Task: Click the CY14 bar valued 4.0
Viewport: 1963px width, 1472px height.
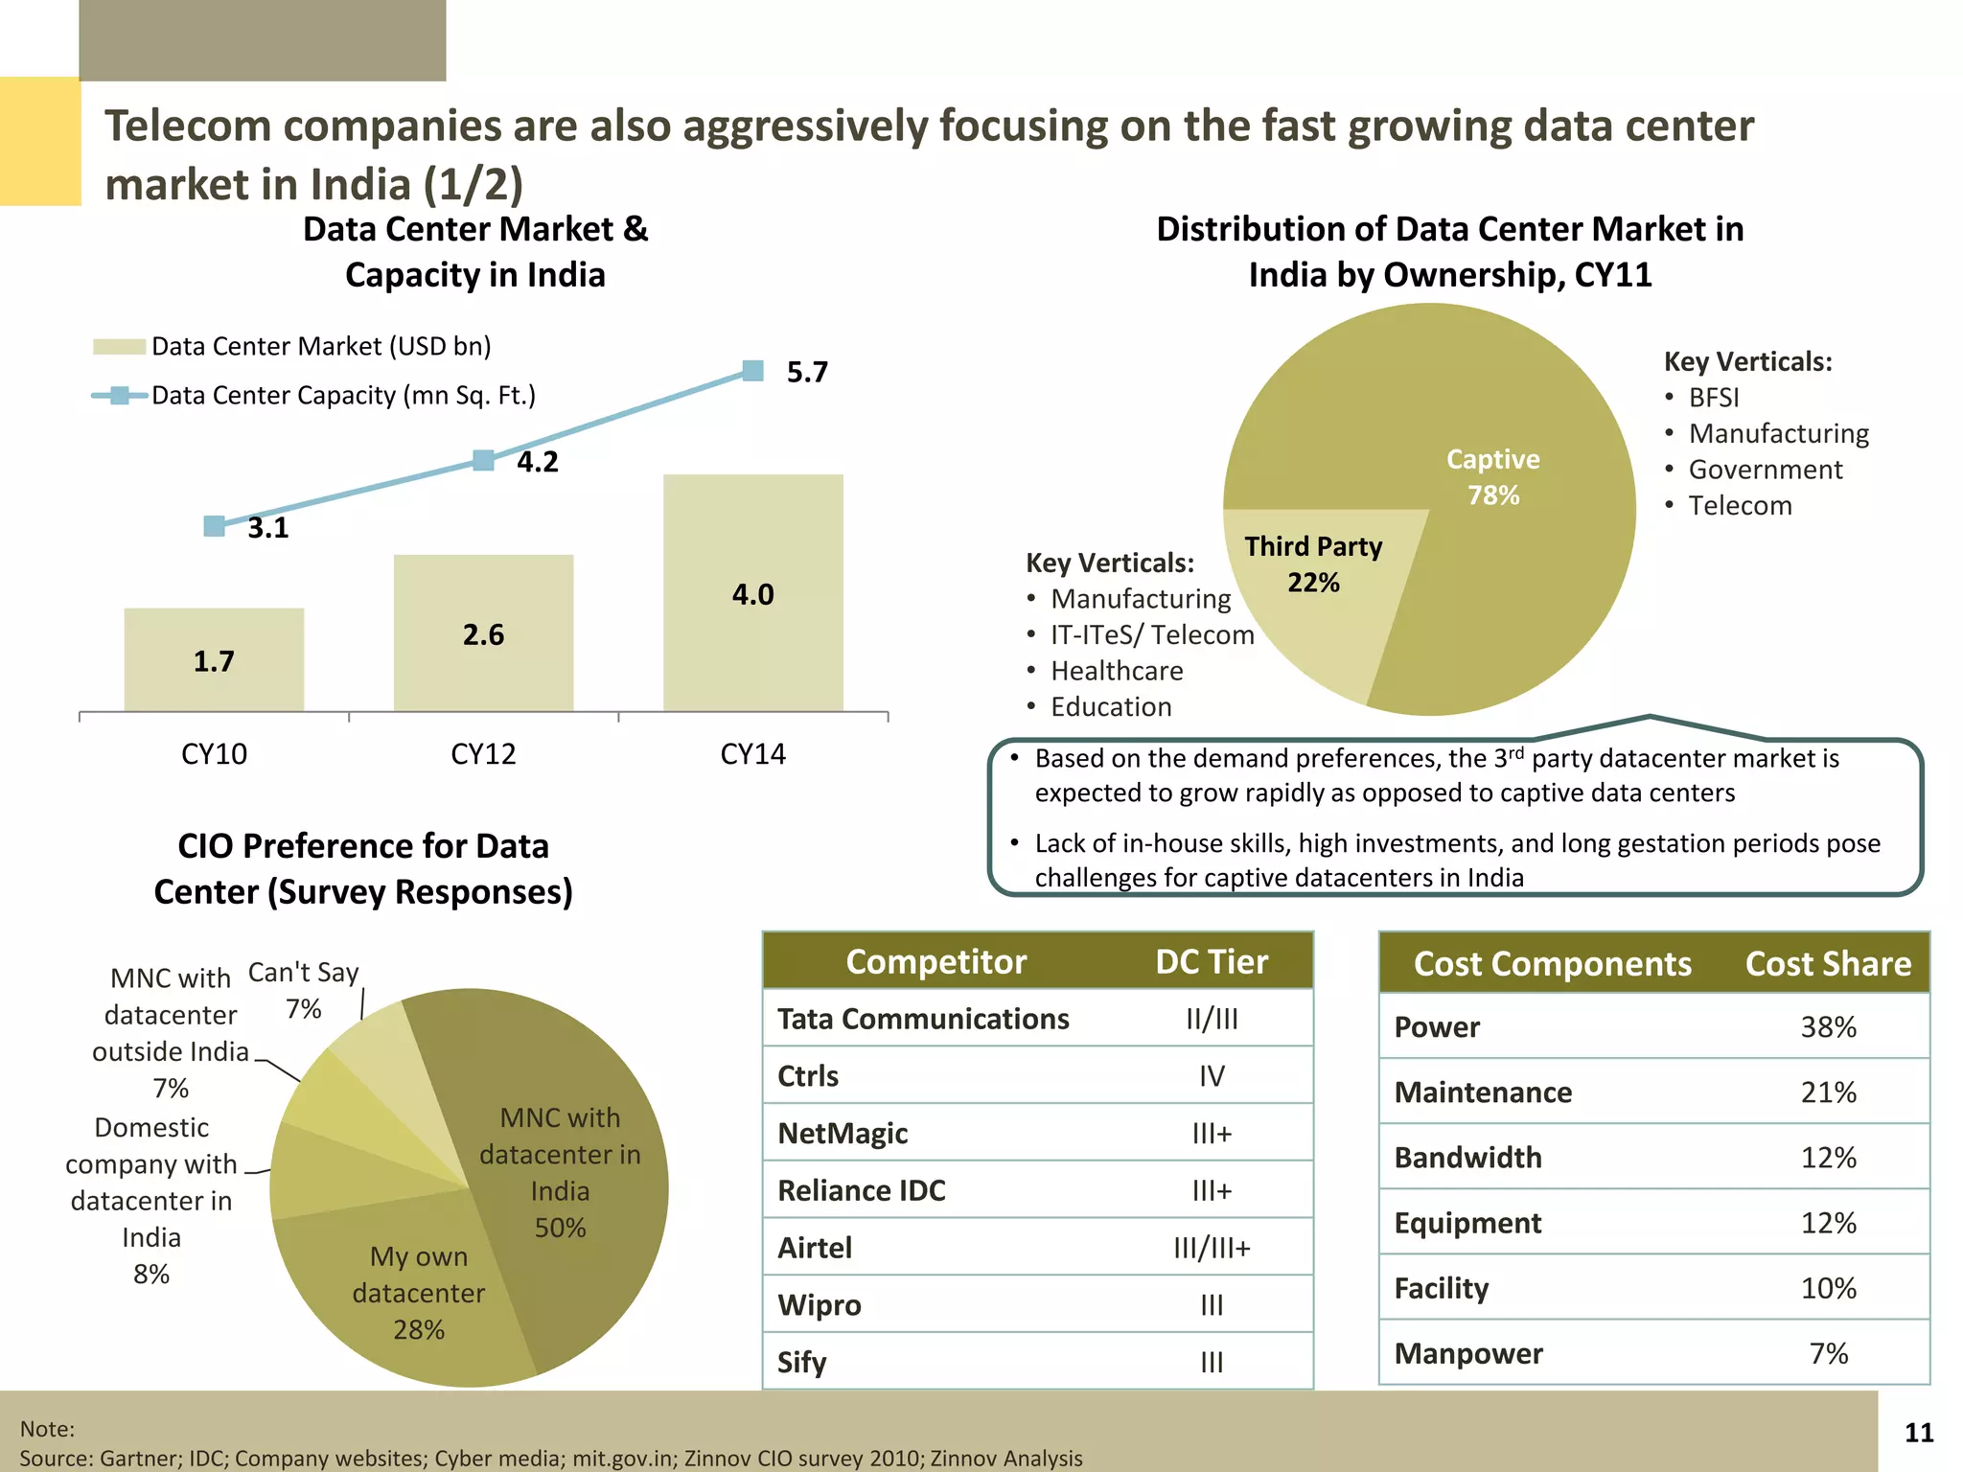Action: pyautogui.click(x=752, y=593)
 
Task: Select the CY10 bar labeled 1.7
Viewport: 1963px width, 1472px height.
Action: pyautogui.click(x=214, y=660)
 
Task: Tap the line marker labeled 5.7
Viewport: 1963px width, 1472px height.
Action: pyautogui.click(x=753, y=371)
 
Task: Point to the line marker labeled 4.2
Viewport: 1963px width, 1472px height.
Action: pyautogui.click(x=484, y=461)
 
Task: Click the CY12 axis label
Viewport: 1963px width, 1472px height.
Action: pyautogui.click(x=483, y=754)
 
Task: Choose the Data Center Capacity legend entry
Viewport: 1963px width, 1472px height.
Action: pyautogui.click(x=342, y=396)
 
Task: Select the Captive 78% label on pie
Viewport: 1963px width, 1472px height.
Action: pyautogui.click(x=1492, y=477)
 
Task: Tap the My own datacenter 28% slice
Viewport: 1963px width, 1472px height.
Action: pyautogui.click(x=419, y=1293)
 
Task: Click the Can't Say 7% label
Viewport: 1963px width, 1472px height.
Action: pyautogui.click(x=303, y=990)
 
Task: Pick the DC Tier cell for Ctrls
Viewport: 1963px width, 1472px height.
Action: pyautogui.click(x=1212, y=1076)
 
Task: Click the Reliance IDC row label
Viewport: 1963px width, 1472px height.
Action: pyautogui.click(x=861, y=1190)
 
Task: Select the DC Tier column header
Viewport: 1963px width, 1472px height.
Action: pyautogui.click(x=1212, y=961)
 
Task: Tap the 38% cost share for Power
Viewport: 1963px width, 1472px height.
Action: pyautogui.click(x=1828, y=1027)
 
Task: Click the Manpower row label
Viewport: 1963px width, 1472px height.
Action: pyautogui.click(x=1468, y=1353)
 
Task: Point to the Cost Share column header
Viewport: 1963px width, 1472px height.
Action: pyautogui.click(x=1828, y=963)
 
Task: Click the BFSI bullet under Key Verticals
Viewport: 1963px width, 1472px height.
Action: pyautogui.click(x=1713, y=398)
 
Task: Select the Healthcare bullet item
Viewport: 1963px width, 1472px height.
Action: pyautogui.click(x=1117, y=671)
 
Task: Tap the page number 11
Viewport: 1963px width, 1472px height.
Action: pyautogui.click(x=1919, y=1433)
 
